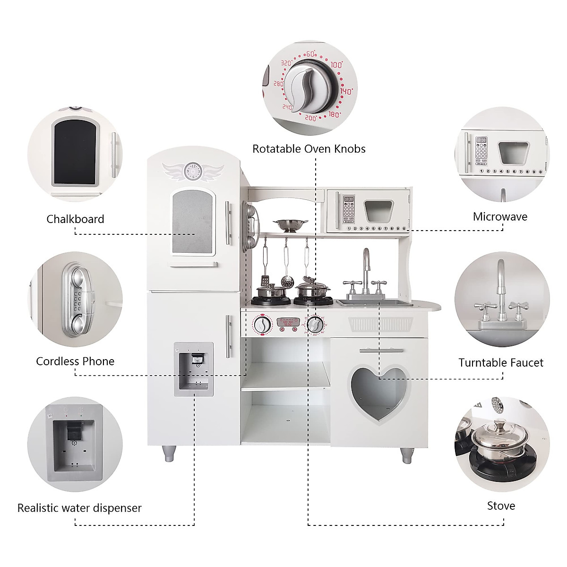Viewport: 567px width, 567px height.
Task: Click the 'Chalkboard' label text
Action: pos(75,219)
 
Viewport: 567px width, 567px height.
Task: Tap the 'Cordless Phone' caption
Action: pos(75,361)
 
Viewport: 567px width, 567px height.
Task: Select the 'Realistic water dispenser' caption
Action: pos(79,508)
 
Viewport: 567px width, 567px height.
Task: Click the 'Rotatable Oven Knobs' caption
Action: pos(309,149)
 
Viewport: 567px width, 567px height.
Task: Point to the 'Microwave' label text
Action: pos(500,217)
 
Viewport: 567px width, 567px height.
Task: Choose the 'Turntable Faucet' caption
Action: pos(501,363)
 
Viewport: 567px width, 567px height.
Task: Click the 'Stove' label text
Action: pos(501,506)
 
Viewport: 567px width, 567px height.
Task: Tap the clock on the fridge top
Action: pos(193,171)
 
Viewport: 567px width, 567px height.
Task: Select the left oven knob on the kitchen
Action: pos(262,325)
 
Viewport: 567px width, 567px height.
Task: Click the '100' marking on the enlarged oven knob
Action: pos(336,65)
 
